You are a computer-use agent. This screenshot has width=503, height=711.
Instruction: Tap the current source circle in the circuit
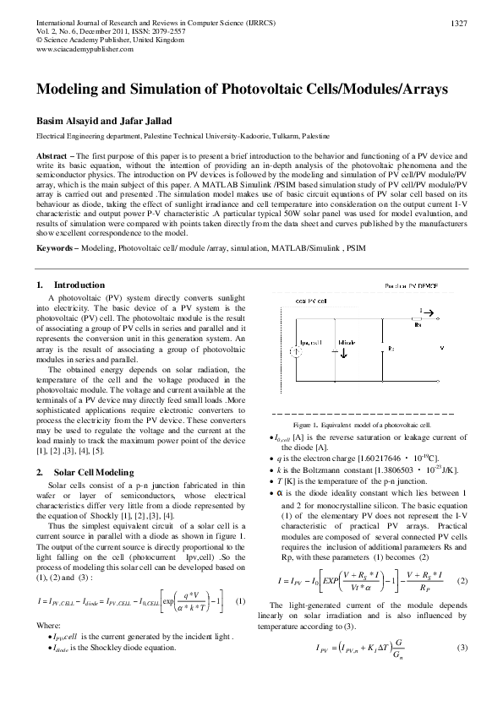click(x=298, y=351)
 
